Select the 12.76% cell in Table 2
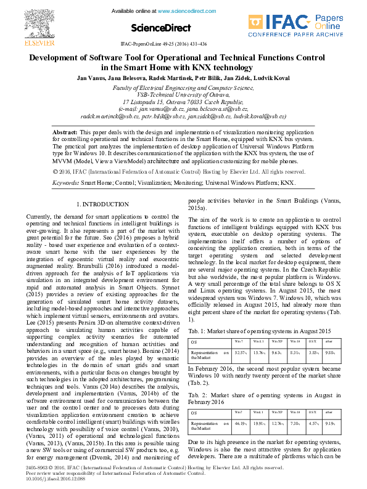coord(277,424)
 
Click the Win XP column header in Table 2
coord(277,413)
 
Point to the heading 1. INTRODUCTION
coord(102,204)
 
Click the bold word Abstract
coord(65,132)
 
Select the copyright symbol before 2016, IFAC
coord(56,172)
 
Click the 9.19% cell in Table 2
coord(330,424)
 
